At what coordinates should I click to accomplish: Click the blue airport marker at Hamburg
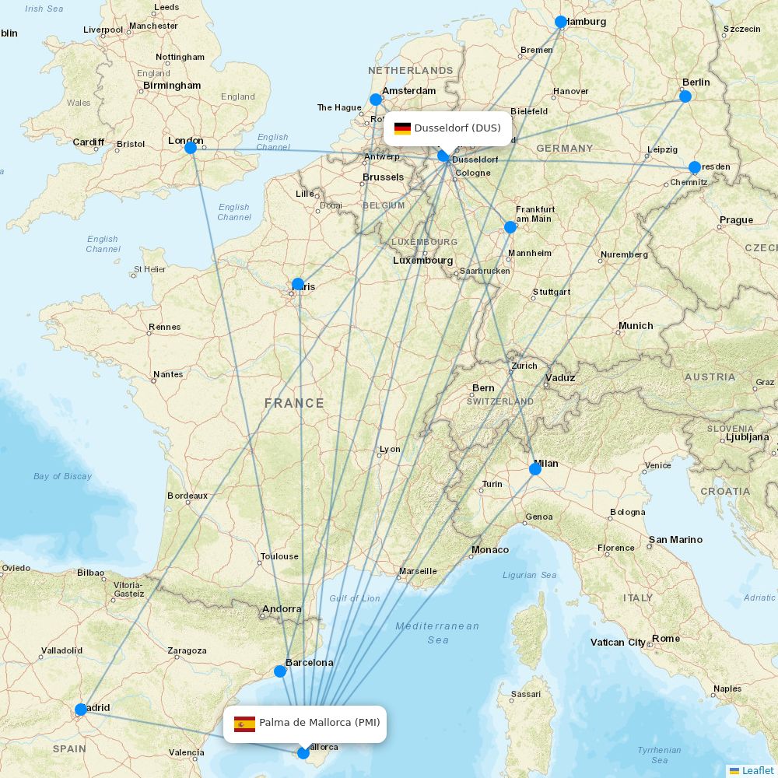click(x=561, y=22)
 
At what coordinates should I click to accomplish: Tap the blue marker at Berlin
click(x=685, y=96)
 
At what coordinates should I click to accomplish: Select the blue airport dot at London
click(x=190, y=148)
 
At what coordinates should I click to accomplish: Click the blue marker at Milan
click(x=535, y=469)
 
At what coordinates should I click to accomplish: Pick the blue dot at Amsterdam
click(x=376, y=100)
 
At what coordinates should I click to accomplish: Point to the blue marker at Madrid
click(x=81, y=710)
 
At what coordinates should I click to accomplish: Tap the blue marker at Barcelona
click(x=280, y=671)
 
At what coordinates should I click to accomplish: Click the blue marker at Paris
click(x=298, y=284)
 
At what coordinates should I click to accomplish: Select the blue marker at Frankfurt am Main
click(x=510, y=227)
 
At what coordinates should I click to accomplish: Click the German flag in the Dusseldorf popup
click(x=402, y=128)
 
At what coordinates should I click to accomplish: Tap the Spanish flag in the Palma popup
click(x=244, y=724)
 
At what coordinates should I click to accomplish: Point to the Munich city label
click(x=636, y=326)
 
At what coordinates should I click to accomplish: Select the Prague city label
click(x=736, y=220)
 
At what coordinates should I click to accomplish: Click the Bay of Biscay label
click(x=62, y=476)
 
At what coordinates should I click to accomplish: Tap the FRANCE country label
click(x=294, y=403)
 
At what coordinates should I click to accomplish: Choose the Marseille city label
click(x=418, y=571)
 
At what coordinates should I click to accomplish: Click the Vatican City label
click(x=619, y=642)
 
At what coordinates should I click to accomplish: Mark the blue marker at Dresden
click(x=695, y=167)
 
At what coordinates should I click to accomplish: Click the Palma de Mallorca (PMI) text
click(x=320, y=723)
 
